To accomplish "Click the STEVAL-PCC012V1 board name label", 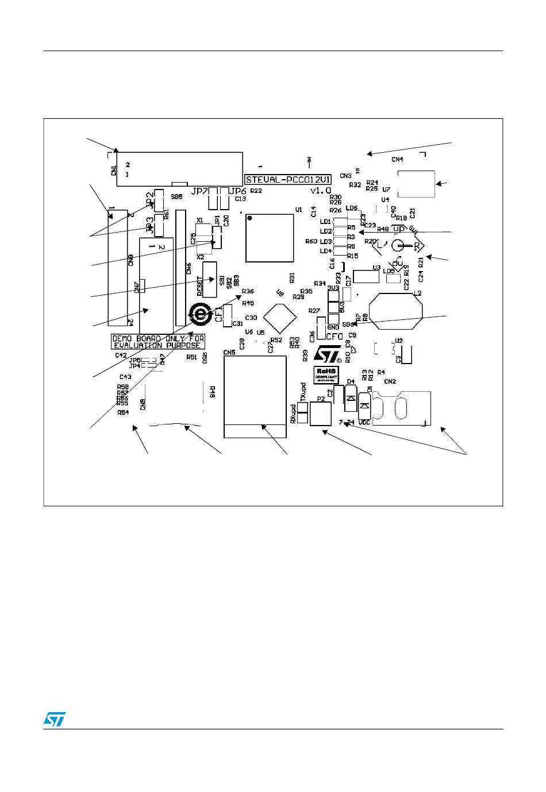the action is (288, 179).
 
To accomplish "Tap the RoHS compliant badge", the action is (325, 374).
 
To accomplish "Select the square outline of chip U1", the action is (270, 238).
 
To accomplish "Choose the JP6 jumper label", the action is (237, 191).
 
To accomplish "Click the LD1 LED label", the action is (325, 222).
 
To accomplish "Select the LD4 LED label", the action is (325, 251).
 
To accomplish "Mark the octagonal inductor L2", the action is (397, 312).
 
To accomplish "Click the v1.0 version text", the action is (321, 190).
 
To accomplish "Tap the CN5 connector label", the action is (229, 351).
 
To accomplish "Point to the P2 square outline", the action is (321, 414).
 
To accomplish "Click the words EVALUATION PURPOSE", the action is (157, 345).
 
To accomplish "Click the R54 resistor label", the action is (123, 412).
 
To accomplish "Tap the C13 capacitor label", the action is (240, 199).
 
